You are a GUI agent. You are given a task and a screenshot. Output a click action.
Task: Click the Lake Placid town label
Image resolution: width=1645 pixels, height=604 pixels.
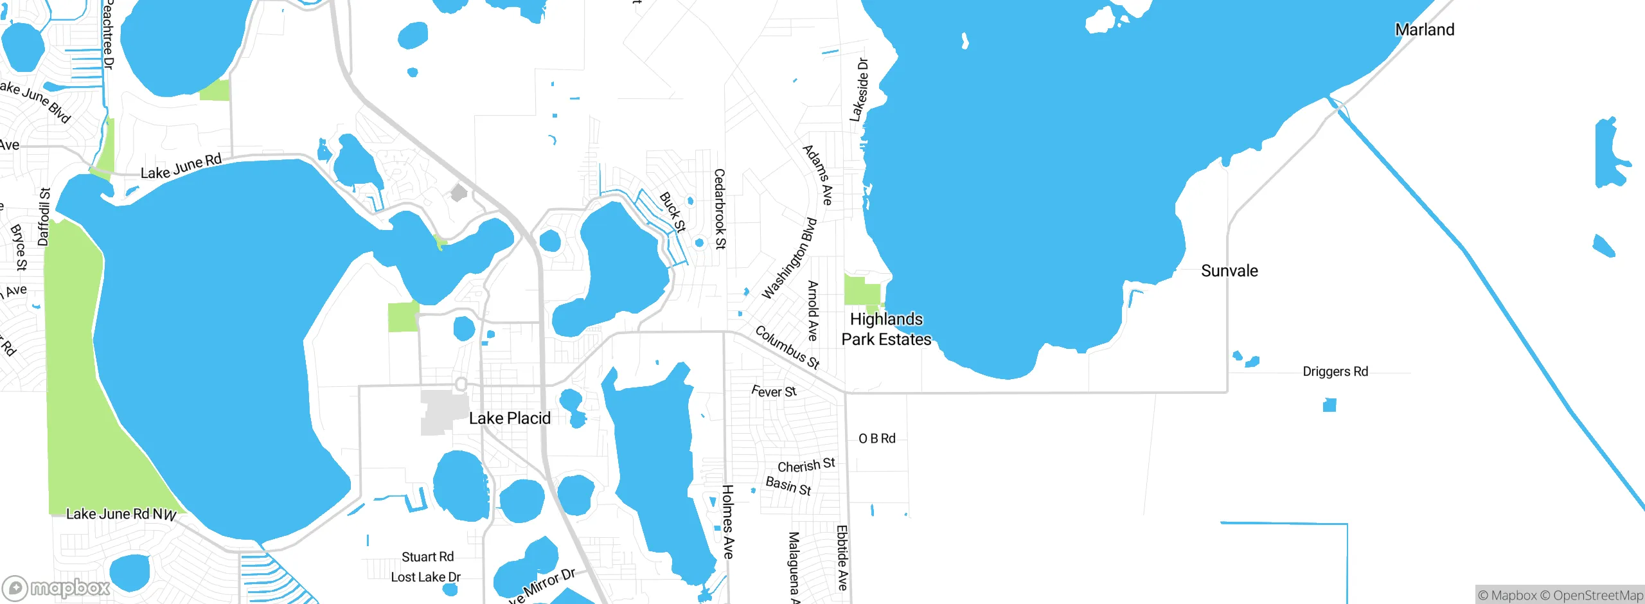(510, 418)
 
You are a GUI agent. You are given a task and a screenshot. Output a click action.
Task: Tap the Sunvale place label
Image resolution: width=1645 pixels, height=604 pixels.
(1229, 271)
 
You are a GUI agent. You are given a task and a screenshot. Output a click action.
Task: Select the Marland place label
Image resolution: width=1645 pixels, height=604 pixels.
(1425, 30)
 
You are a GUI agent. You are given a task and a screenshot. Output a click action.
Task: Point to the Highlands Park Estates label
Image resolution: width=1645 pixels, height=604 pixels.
(886, 329)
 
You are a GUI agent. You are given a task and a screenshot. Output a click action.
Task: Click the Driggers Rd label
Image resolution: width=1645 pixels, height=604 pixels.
(1335, 371)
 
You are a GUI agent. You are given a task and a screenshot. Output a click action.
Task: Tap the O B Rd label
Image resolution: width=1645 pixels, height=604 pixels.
(877, 438)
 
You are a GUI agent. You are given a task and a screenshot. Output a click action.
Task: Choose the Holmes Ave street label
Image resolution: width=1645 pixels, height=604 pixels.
(727, 522)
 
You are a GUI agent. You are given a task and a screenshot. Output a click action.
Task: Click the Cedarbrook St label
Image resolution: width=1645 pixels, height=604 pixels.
(720, 209)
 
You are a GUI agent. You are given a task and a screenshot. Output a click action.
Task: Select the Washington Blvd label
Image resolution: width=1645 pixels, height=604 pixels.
(789, 258)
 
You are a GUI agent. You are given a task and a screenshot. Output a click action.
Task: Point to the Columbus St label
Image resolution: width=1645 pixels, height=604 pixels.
(787, 348)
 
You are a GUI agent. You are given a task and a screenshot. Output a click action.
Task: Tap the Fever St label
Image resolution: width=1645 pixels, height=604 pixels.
(774, 391)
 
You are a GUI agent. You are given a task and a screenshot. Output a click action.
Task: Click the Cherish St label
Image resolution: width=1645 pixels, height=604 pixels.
(806, 465)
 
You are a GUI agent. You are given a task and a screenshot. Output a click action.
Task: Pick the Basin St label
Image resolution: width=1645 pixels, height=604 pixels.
(788, 486)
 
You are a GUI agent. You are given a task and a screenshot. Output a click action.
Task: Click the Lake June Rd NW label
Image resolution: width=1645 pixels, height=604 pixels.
(121, 514)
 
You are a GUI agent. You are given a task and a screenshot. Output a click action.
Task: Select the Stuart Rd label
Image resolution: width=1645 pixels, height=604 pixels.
(427, 556)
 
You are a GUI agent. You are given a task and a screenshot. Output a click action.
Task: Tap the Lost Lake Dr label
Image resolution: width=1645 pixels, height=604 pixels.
(425, 577)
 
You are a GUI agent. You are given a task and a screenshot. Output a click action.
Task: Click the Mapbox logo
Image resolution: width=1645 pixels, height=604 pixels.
(57, 587)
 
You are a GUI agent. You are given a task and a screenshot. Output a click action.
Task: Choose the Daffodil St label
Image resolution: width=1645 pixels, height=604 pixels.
(44, 217)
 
